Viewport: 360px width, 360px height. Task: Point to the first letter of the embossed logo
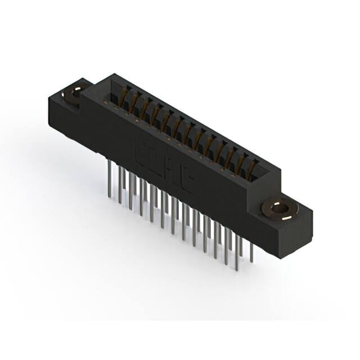141,152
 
